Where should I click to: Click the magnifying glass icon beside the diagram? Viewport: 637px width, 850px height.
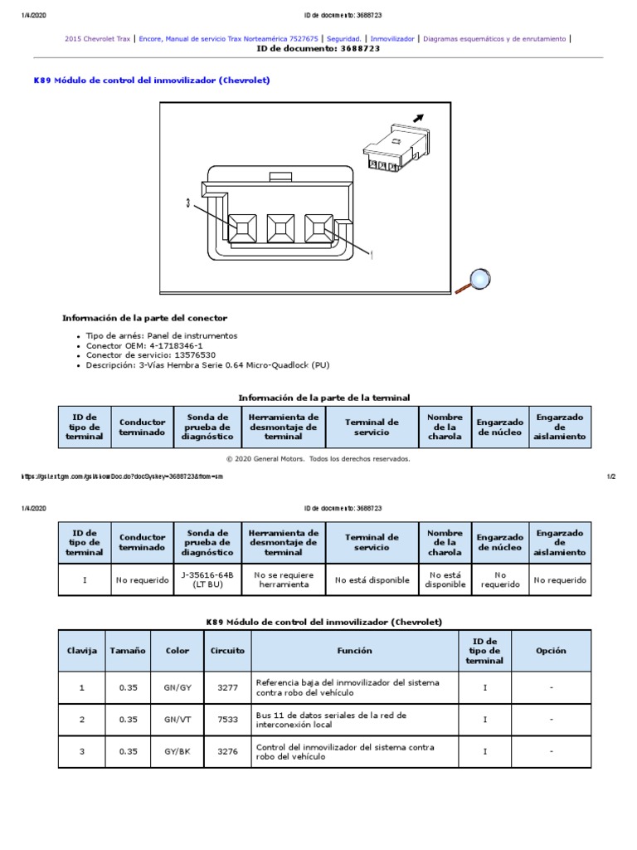click(475, 280)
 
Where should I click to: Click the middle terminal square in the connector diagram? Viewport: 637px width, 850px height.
click(280, 227)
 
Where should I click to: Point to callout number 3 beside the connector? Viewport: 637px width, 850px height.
click(188, 203)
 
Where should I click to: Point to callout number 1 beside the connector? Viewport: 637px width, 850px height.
click(372, 255)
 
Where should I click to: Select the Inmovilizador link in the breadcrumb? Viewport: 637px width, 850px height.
click(392, 38)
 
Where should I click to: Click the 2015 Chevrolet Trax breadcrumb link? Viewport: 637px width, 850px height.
click(97, 38)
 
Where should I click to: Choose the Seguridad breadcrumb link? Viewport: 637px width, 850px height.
click(344, 38)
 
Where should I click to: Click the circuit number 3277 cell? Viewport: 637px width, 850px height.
click(227, 687)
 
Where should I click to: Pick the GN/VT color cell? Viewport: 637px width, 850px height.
click(177, 720)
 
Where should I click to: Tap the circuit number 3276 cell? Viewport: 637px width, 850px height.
click(227, 752)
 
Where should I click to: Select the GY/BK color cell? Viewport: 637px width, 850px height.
click(177, 752)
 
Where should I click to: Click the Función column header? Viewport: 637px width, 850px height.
click(355, 651)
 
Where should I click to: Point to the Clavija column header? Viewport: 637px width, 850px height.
click(82, 651)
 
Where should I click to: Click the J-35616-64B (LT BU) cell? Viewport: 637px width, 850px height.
click(207, 579)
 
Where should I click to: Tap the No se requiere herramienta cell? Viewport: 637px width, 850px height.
click(283, 579)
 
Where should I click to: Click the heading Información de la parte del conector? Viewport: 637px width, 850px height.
click(144, 318)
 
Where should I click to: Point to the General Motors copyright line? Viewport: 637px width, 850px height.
click(318, 458)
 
